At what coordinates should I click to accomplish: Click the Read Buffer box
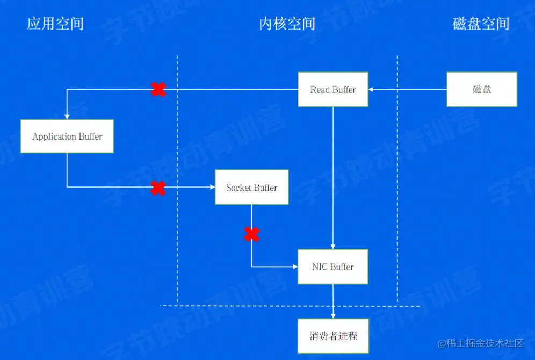point(333,90)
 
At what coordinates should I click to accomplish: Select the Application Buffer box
point(67,136)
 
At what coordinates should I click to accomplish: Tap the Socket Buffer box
point(251,188)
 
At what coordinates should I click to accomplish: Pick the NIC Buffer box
point(333,267)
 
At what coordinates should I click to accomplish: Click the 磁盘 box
point(482,89)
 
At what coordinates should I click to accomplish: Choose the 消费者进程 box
point(333,336)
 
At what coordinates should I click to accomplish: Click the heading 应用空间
point(55,24)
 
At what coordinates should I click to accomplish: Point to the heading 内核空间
point(287,24)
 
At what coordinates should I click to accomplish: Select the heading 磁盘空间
point(481,24)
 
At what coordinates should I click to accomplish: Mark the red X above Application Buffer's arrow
point(158,90)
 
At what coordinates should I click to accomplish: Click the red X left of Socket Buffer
point(158,188)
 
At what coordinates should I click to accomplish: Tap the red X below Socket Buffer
point(252,234)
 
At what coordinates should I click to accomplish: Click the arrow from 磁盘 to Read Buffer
point(408,90)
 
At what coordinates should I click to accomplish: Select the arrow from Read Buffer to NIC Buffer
point(333,177)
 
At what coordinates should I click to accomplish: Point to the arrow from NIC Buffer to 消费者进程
point(333,301)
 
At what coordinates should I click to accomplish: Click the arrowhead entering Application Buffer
point(67,117)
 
